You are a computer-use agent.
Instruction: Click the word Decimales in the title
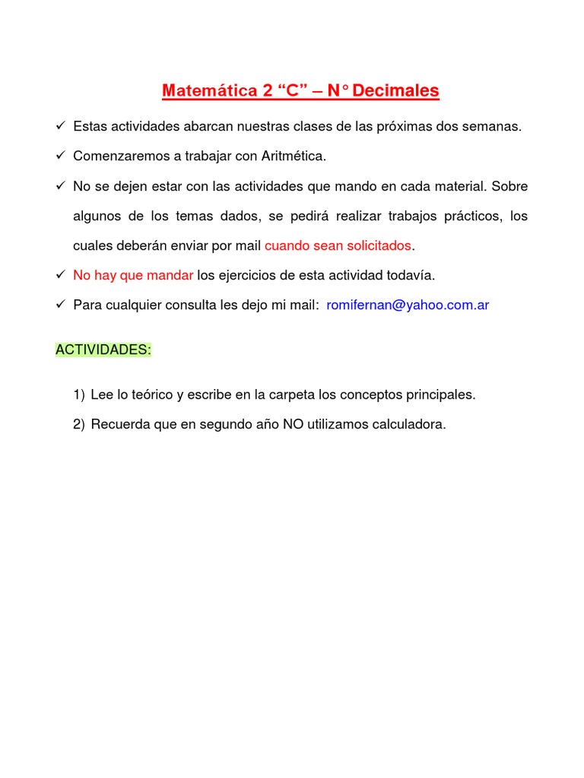click(x=396, y=91)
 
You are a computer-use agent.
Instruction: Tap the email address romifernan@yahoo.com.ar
click(x=408, y=305)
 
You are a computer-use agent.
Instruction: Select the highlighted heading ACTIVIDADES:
click(x=103, y=349)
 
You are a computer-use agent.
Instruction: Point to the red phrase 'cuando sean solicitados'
click(x=338, y=245)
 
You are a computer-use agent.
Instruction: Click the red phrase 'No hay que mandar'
click(x=133, y=275)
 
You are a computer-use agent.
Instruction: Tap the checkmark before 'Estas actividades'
click(x=61, y=126)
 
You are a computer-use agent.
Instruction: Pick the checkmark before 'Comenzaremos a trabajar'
click(x=61, y=156)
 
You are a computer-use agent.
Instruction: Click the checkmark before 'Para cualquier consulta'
click(x=61, y=305)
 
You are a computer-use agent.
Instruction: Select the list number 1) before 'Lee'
click(x=79, y=395)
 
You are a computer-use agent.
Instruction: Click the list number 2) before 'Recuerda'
click(x=79, y=425)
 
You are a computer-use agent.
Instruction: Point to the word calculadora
click(x=410, y=425)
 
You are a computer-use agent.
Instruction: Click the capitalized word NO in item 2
click(x=293, y=425)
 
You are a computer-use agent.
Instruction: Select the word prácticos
click(x=471, y=216)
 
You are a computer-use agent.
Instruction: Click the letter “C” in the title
click(x=293, y=91)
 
